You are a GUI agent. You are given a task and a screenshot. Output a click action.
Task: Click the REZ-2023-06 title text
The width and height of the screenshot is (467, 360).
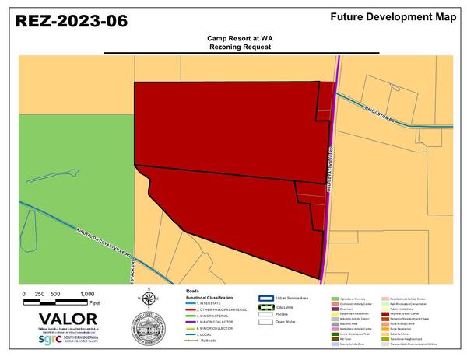pos(72,21)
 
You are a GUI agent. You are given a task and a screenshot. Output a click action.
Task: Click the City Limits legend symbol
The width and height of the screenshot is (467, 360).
pos(265,306)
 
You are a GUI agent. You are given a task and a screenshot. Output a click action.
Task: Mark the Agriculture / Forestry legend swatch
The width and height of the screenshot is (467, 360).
pos(332,298)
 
